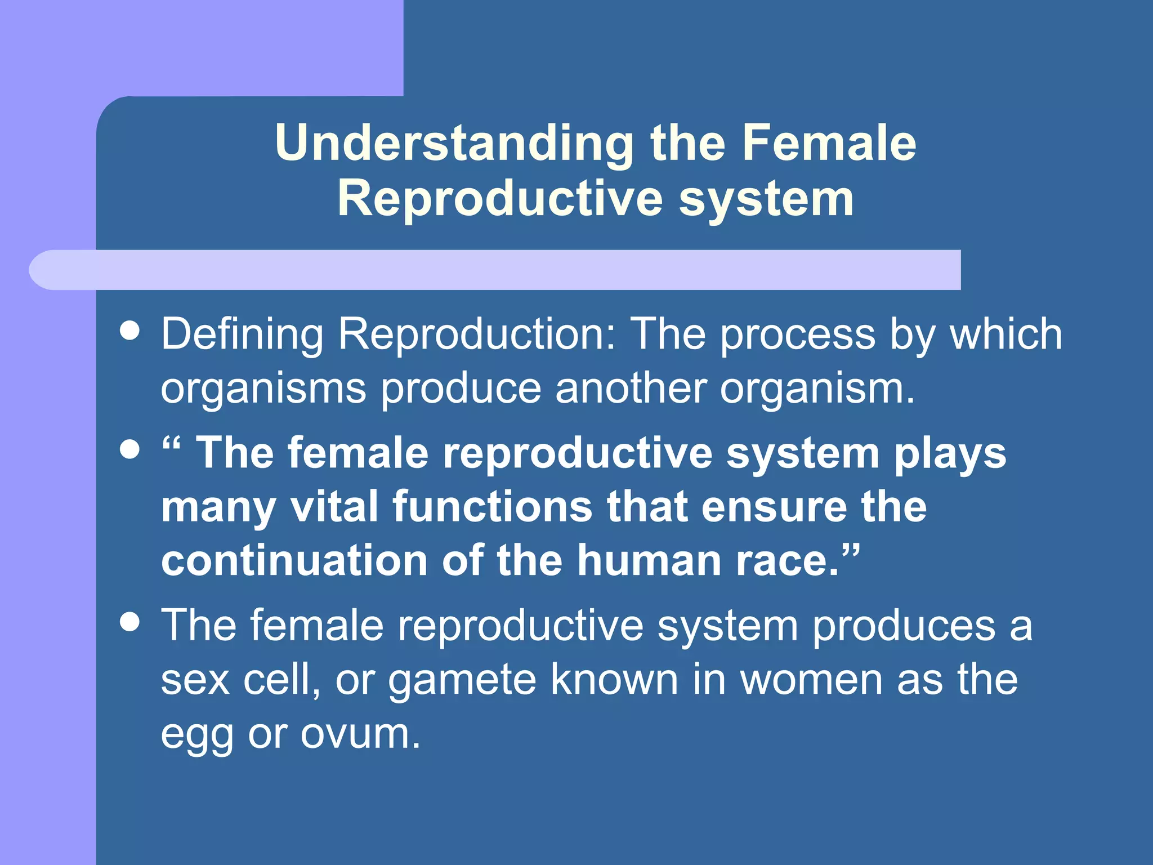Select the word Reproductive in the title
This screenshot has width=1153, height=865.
click(500, 198)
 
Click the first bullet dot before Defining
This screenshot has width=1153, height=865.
click(130, 331)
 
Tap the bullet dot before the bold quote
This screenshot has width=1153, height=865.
click(130, 449)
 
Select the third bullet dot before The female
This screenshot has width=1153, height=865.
click(130, 622)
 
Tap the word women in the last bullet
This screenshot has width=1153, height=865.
click(811, 680)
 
